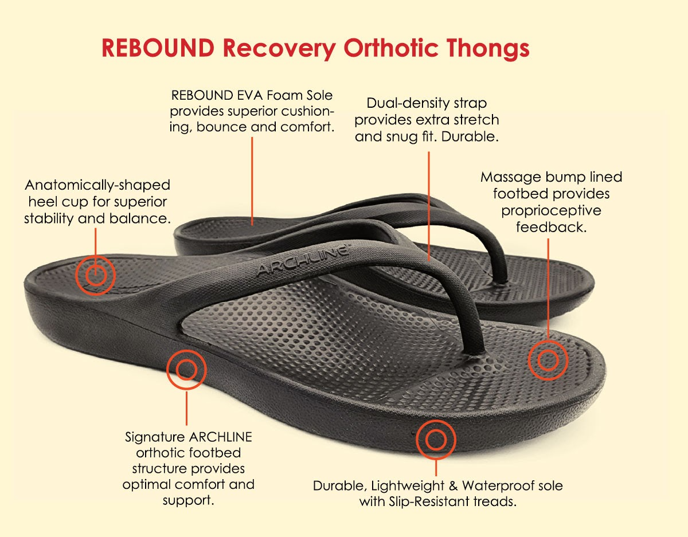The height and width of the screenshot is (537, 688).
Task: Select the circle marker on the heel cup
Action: pyautogui.click(x=96, y=276)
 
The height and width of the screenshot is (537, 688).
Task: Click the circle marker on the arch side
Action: pyautogui.click(x=186, y=370)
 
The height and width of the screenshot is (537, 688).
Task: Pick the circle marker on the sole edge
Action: pyautogui.click(x=436, y=440)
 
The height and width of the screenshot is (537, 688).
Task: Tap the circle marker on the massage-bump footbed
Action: pyautogui.click(x=548, y=360)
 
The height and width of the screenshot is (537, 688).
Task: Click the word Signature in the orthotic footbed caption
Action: pyautogui.click(x=154, y=437)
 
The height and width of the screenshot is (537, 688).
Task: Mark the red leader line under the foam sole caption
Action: pyautogui.click(x=252, y=178)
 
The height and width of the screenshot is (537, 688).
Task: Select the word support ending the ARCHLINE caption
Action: pyautogui.click(x=187, y=500)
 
